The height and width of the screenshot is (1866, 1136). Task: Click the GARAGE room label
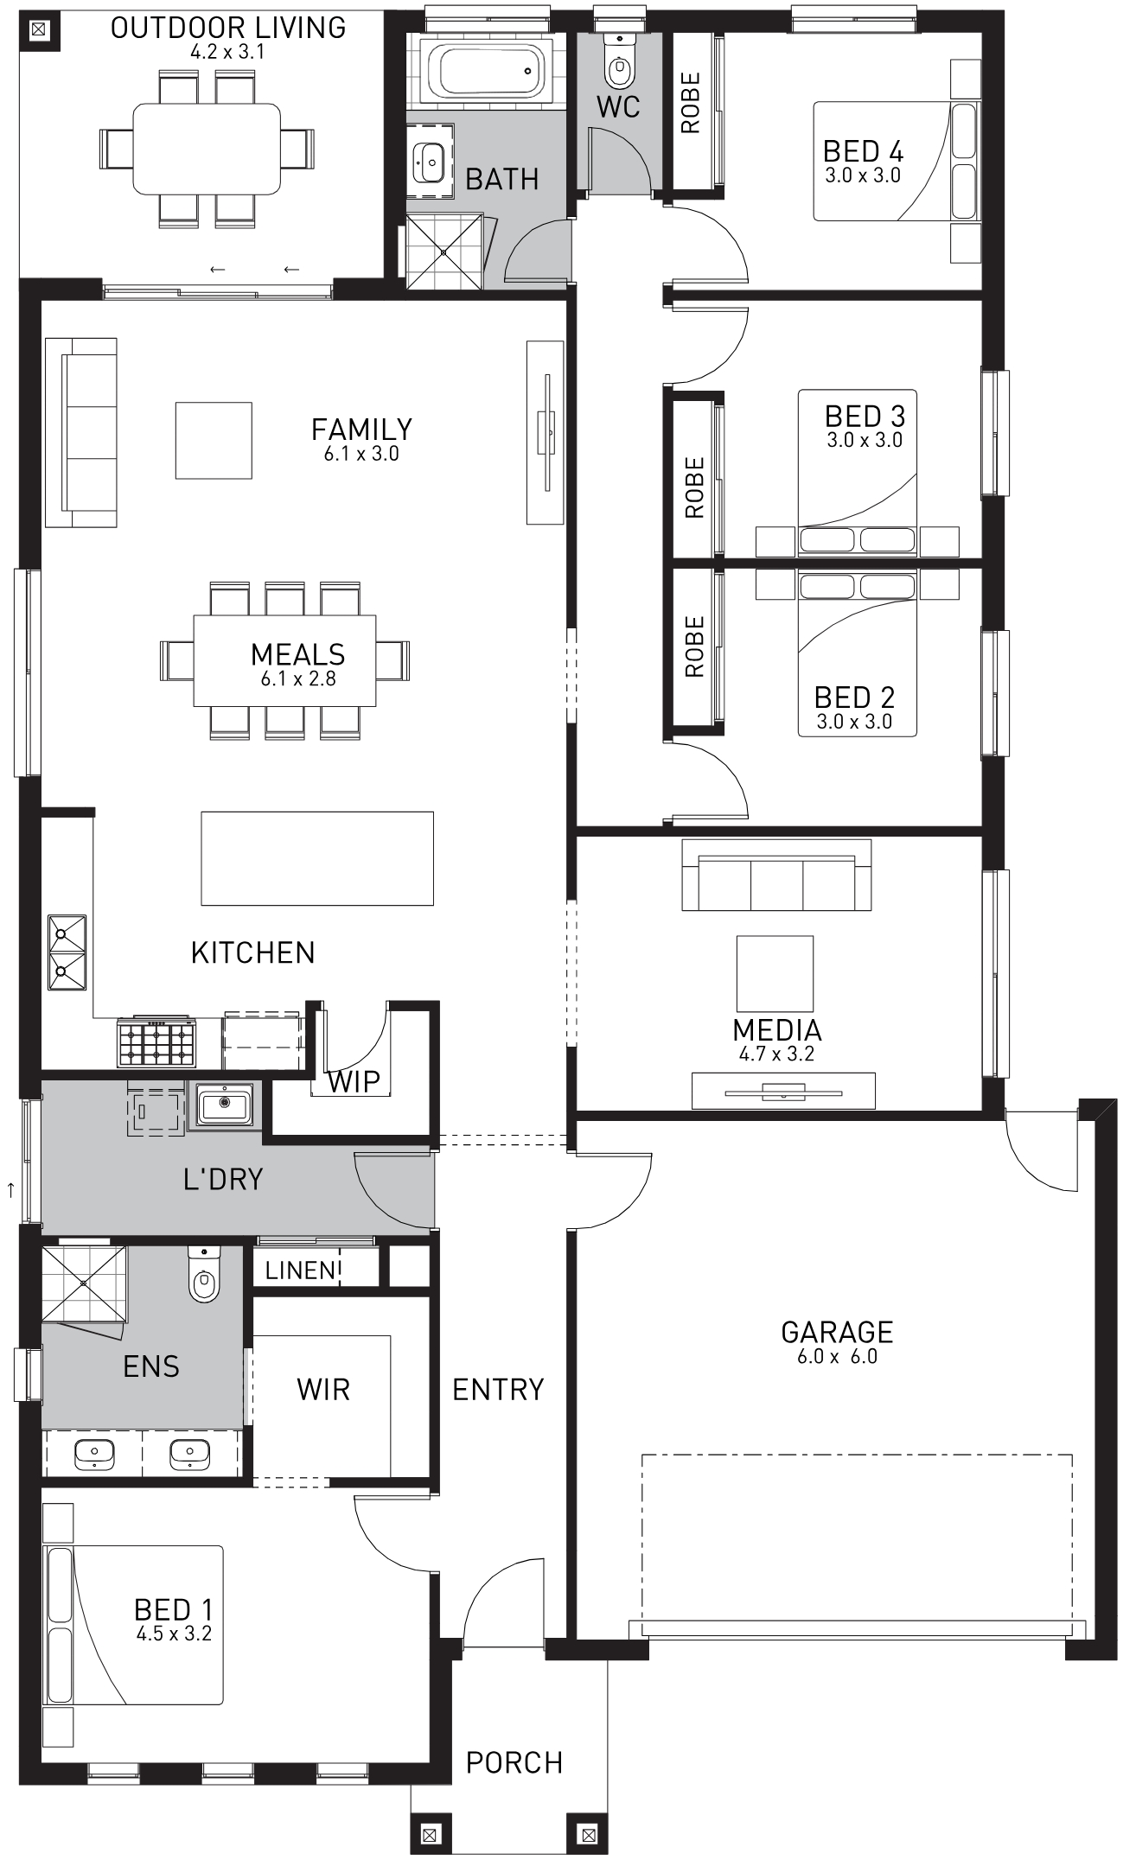[x=837, y=1332]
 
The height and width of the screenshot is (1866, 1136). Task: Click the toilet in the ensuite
[x=204, y=1274]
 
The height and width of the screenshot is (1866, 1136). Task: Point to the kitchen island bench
[x=317, y=858]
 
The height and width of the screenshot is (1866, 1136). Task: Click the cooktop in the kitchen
[x=156, y=1042]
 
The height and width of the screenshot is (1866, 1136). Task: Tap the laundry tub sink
[x=224, y=1104]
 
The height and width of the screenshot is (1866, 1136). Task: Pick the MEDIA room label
[x=777, y=1029]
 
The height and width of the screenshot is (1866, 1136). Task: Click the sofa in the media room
[x=776, y=875]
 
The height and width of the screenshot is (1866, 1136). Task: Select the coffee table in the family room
[x=214, y=440]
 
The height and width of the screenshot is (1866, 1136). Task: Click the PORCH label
[x=514, y=1762]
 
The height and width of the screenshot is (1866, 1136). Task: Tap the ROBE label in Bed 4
[x=691, y=103]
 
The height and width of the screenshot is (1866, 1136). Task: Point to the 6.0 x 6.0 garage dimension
[x=837, y=1357]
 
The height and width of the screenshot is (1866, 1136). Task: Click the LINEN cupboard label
[x=300, y=1270]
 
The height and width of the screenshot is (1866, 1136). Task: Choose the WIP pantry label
[x=354, y=1081]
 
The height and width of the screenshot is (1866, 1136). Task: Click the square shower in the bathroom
[x=444, y=252]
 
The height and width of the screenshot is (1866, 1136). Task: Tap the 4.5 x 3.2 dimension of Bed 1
[x=174, y=1634]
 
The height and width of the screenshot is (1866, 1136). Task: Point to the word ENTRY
[x=498, y=1389]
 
